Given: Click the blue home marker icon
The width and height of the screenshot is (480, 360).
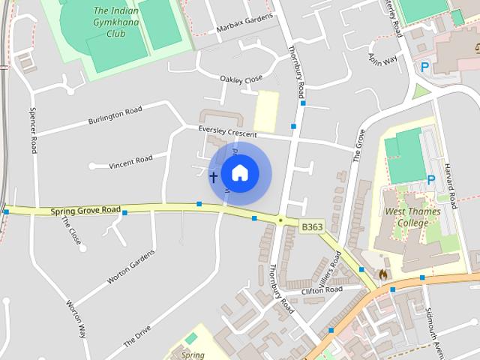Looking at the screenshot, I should coord(239,173).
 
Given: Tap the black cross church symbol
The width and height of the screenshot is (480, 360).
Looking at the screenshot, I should coord(214,177).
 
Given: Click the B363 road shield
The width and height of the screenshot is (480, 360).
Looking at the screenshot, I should coord(311,226).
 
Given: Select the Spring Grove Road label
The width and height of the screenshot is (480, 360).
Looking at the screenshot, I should coord(86,211).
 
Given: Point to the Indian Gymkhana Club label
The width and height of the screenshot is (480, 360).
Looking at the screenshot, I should coord(115,22).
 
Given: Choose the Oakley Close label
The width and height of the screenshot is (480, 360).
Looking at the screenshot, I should coord(241,79).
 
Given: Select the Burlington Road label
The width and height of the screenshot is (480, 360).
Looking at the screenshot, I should coord(115,115).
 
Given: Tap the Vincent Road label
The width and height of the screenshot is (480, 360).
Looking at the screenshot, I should coord(130,160).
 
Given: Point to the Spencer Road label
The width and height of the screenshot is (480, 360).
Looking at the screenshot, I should coord(33,130).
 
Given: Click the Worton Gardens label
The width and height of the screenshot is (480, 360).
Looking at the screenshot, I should coord(130,267).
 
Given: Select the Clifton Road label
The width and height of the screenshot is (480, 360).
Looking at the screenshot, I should coord(322,289).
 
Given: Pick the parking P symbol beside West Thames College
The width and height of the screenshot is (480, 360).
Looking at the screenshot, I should coord(431,180).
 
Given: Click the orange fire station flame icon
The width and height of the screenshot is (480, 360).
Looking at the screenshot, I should coord(384,275).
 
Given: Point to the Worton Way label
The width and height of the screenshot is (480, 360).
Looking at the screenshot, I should coord(76,320).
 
